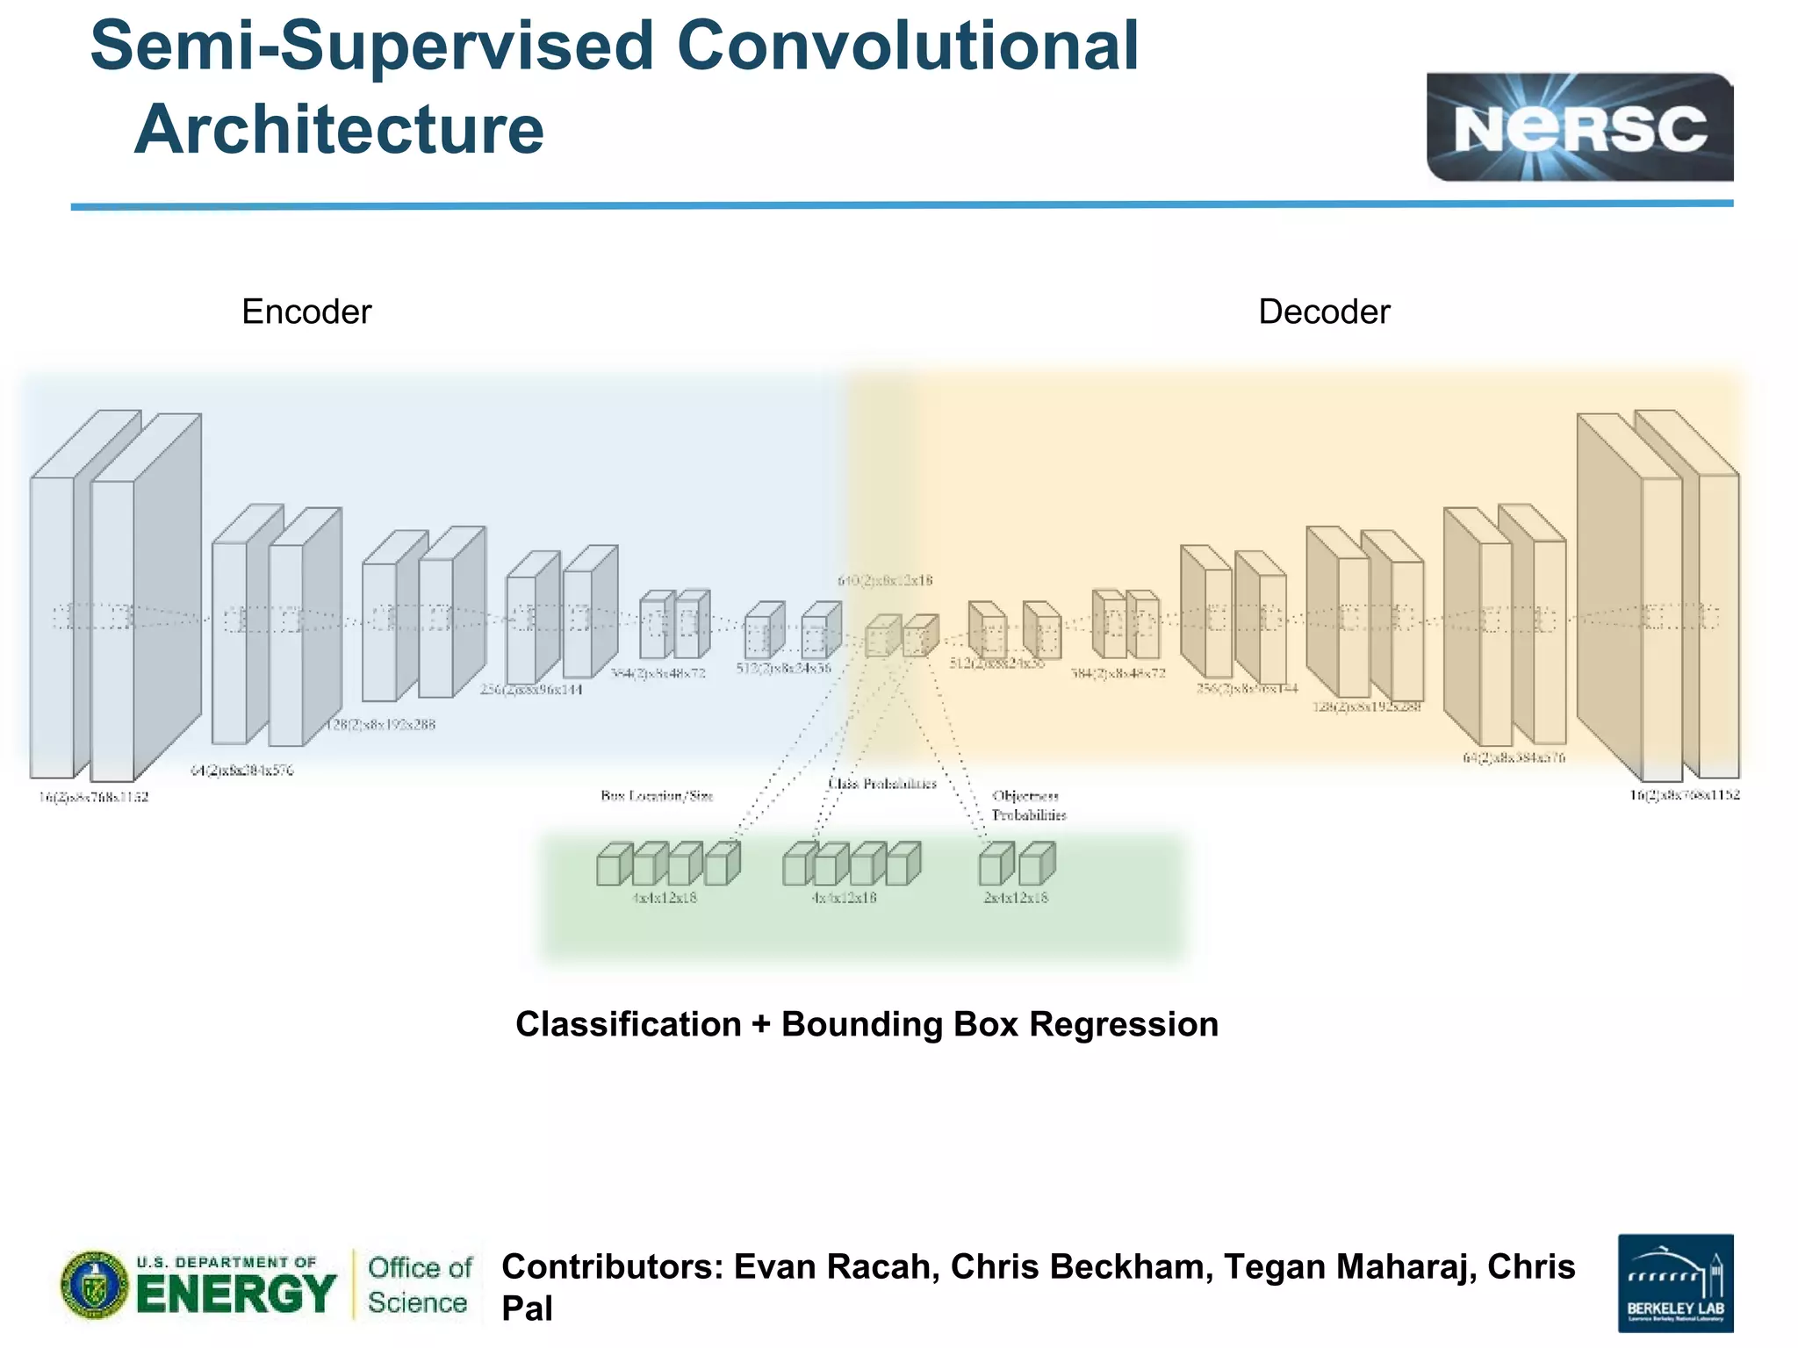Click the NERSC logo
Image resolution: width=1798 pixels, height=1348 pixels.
click(x=1579, y=127)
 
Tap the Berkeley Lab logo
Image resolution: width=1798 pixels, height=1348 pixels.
click(x=1674, y=1283)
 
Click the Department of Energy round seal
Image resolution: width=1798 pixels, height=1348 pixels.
click(x=94, y=1285)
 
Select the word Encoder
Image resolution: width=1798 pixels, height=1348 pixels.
click(x=306, y=312)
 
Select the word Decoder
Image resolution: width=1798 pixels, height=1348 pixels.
click(x=1323, y=312)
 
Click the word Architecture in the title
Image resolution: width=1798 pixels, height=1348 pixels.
click(x=339, y=129)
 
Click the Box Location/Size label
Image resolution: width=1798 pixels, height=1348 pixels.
click(x=657, y=796)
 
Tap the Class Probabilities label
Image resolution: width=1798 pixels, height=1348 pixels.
click(x=882, y=784)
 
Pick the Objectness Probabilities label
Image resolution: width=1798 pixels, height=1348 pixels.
click(x=1028, y=806)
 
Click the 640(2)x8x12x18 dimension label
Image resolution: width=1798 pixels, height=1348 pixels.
click(x=884, y=580)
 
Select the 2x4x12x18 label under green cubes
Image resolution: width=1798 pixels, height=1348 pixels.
click(x=1016, y=898)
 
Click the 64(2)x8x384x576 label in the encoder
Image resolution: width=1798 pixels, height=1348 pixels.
click(x=242, y=771)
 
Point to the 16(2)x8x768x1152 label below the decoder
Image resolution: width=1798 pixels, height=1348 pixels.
click(x=1684, y=795)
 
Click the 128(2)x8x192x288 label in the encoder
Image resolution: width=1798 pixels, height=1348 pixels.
click(x=380, y=725)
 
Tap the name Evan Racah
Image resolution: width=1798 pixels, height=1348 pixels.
click(x=836, y=1267)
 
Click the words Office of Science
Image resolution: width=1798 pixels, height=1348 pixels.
click(x=419, y=1285)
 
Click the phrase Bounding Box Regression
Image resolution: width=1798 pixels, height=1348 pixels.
click(x=999, y=1025)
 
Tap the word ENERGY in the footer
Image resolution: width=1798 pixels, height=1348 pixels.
click(x=236, y=1294)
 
